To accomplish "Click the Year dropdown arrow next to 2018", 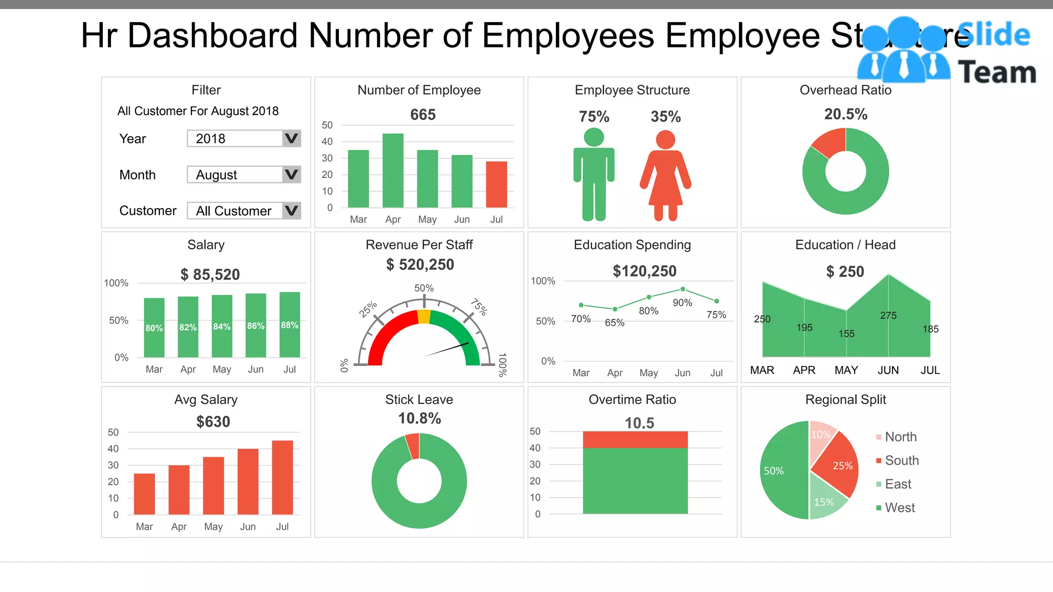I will pos(291,139).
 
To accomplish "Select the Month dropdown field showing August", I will pos(234,175).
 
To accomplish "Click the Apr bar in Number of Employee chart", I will pos(393,170).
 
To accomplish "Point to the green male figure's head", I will pos(594,137).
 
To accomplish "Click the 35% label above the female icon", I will pos(665,117).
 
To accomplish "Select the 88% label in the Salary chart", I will pos(289,325).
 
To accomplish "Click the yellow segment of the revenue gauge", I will pos(424,317).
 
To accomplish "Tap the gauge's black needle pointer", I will pos(447,349).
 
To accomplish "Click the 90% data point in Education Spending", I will pos(682,289).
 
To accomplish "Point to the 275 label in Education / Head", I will pos(888,316).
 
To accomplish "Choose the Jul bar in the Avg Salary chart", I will pos(282,477).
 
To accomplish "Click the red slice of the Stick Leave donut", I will pos(413,446).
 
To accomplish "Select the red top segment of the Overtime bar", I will pos(635,439).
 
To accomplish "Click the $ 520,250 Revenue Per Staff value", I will pos(420,265).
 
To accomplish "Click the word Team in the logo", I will pos(996,72).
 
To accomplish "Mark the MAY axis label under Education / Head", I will pos(846,371).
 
